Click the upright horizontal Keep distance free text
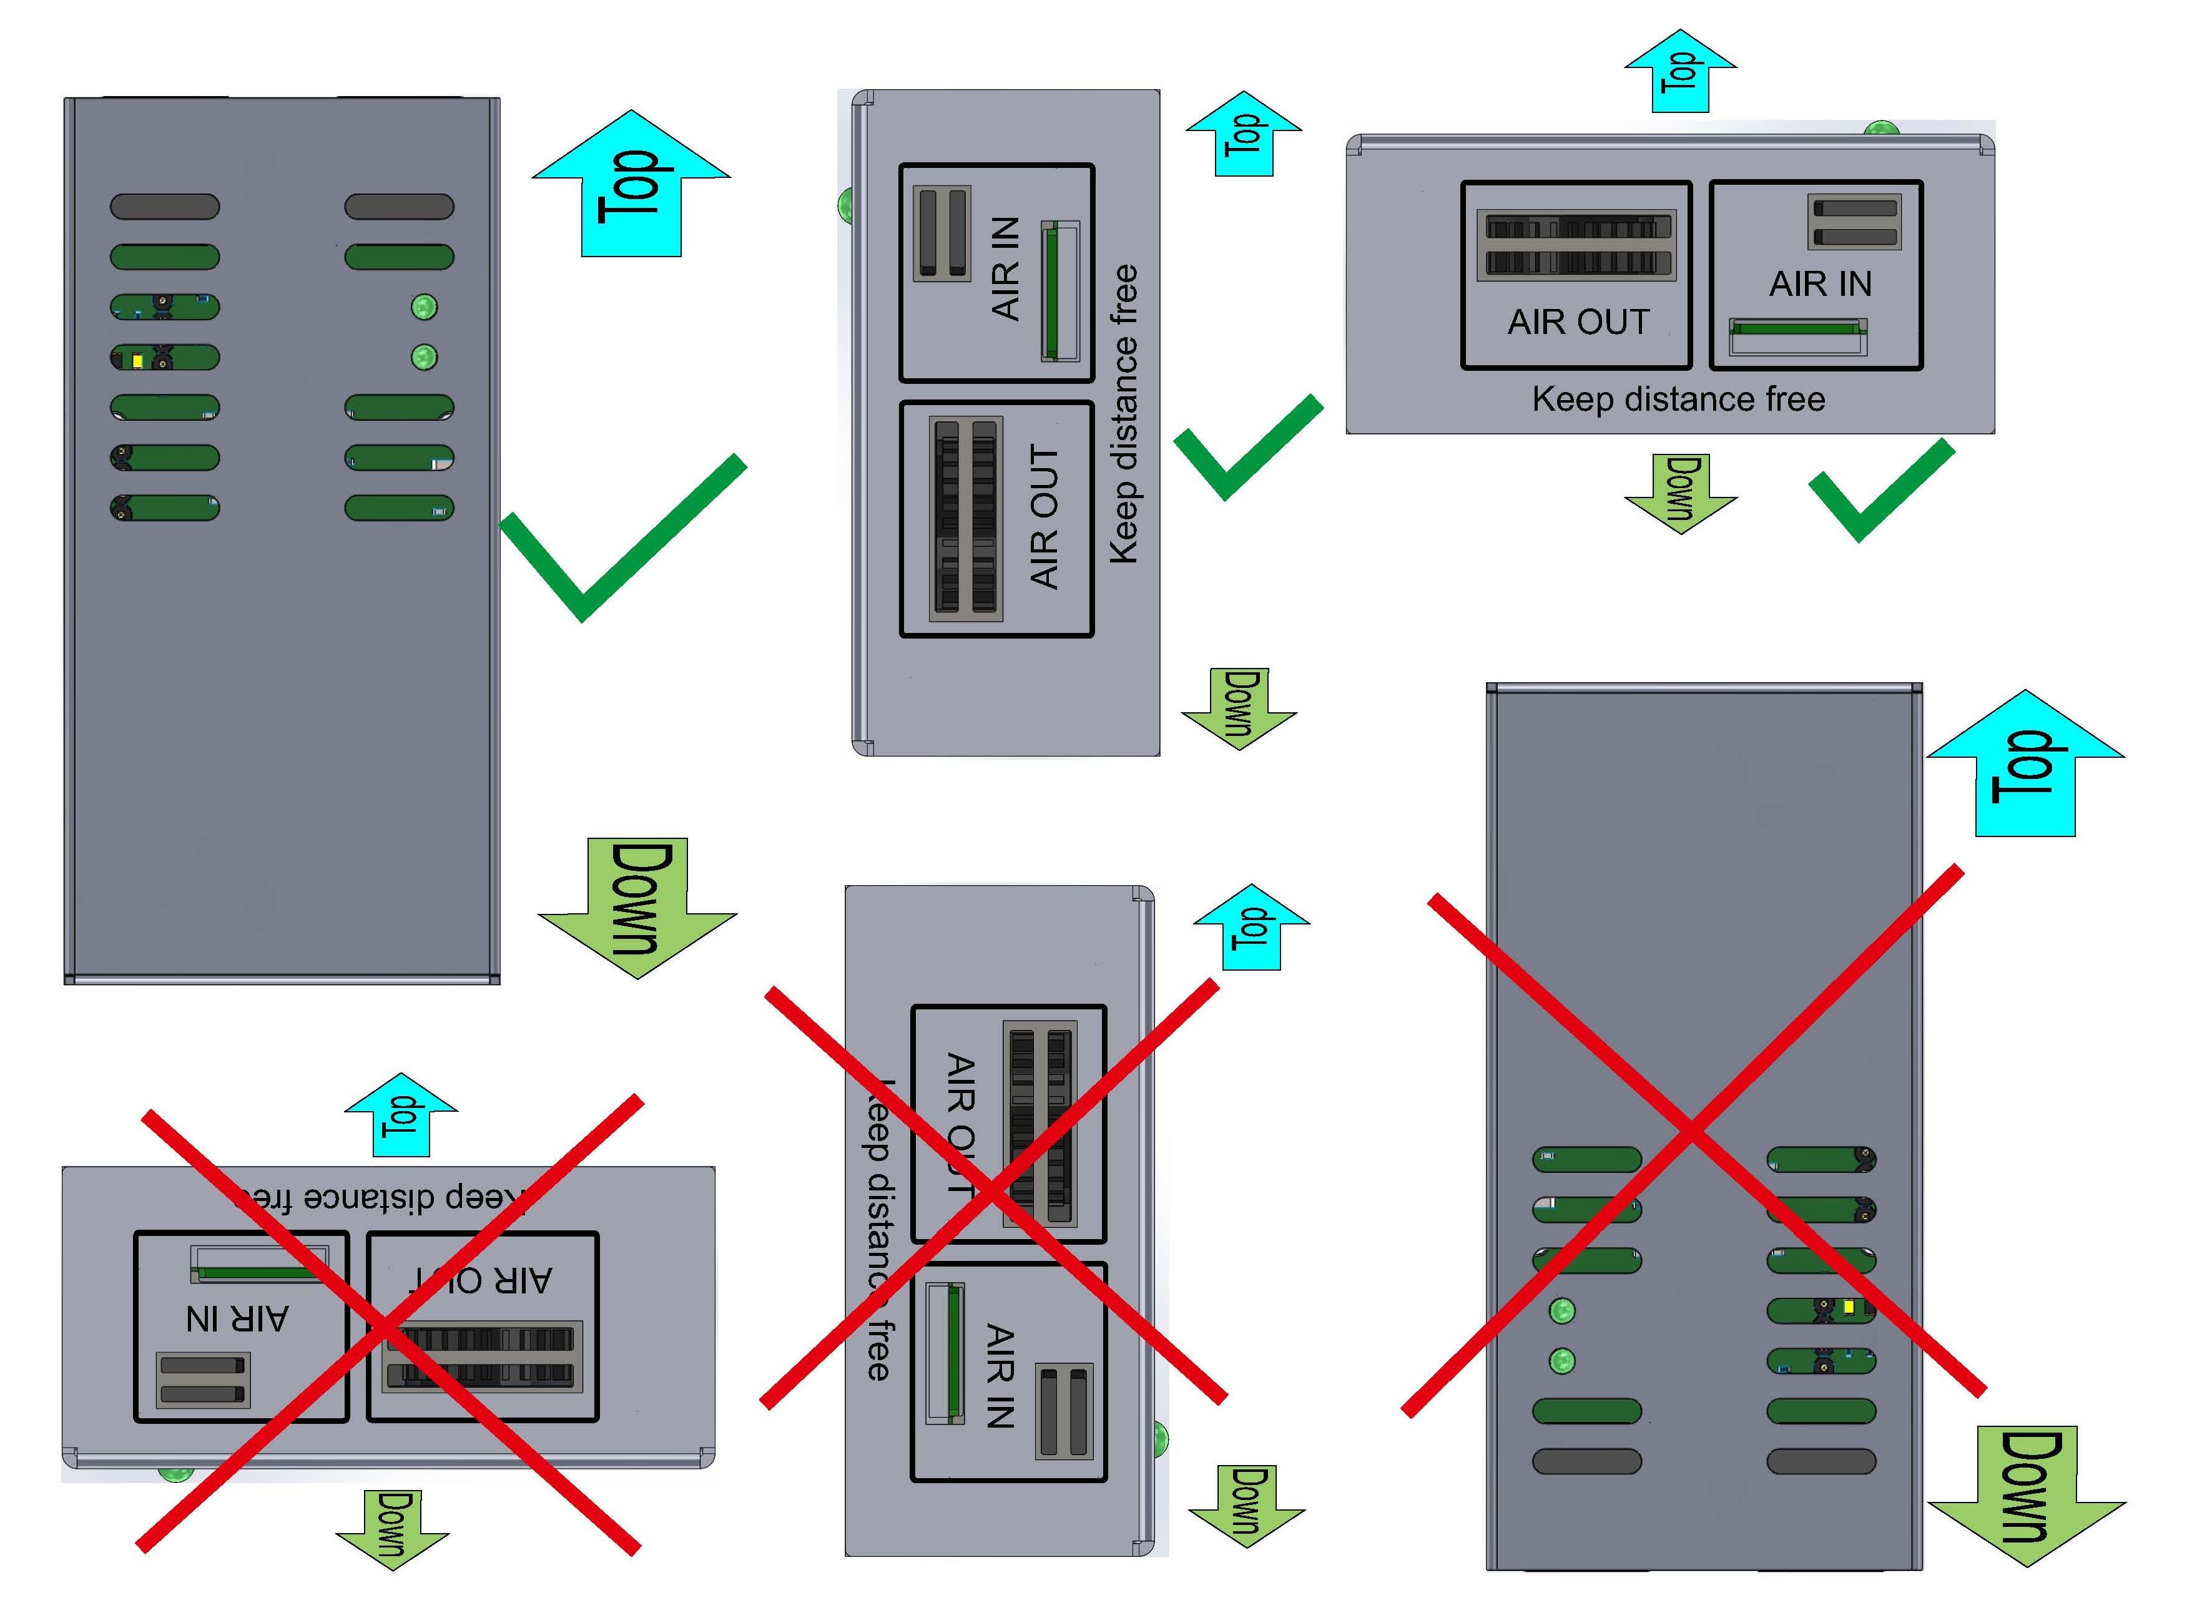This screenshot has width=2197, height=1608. (1678, 399)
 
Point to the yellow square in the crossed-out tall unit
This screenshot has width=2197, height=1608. (1849, 1307)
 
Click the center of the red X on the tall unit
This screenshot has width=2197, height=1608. (1692, 1132)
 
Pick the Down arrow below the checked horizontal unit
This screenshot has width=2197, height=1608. (1680, 491)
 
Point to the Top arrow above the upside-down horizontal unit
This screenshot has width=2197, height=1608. (400, 1114)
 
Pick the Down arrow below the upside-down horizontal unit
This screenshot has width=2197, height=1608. (392, 1526)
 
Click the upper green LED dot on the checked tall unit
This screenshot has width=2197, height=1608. (425, 306)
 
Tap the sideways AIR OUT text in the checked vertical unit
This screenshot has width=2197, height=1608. (1043, 517)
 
